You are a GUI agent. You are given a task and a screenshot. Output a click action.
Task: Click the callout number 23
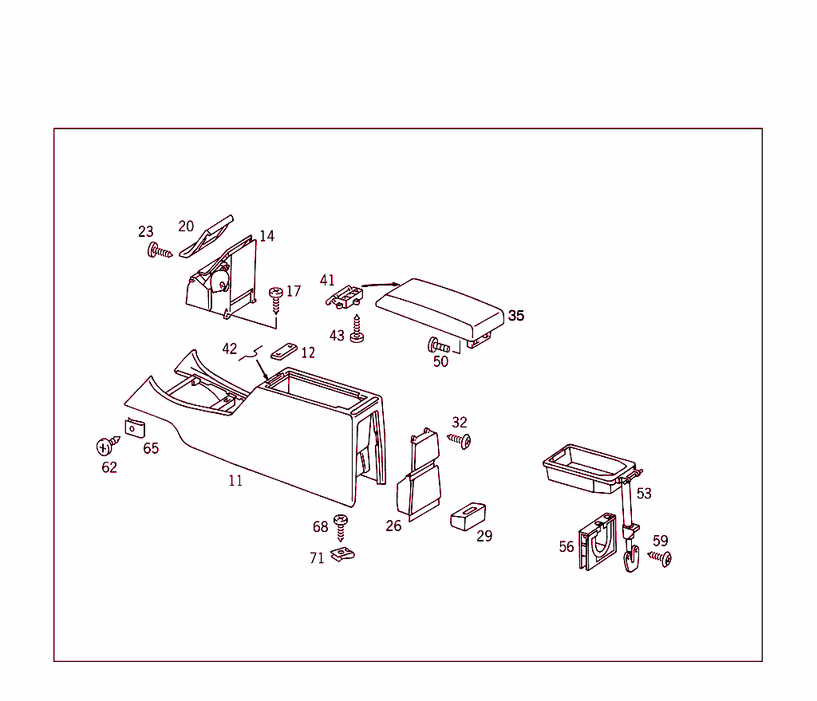point(145,232)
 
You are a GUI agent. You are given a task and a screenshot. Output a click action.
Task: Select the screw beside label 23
point(160,253)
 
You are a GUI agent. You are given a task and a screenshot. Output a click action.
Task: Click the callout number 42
point(230,349)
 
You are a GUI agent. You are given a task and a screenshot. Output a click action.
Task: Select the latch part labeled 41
point(344,297)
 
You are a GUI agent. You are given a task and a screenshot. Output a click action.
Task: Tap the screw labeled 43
point(357,332)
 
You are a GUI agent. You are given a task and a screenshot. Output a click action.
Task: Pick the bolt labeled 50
point(440,346)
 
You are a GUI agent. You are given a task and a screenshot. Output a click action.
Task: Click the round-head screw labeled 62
point(105,446)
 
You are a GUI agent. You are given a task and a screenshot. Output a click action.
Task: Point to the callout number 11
point(235,481)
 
